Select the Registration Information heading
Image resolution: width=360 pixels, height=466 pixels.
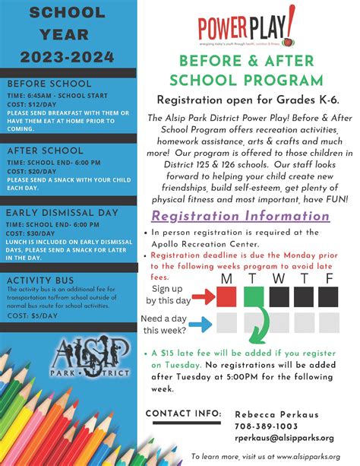(240, 215)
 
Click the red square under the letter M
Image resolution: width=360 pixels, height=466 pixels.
(227, 296)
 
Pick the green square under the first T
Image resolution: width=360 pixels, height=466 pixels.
(254, 296)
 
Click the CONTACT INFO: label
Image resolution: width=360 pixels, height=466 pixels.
(183, 414)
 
